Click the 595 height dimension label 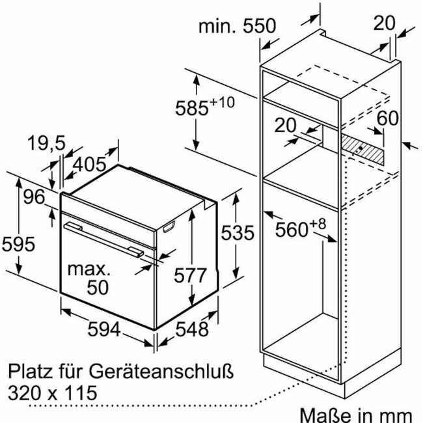coord(18,244)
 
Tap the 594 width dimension coord(104,329)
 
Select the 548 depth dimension coord(192,329)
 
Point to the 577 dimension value coord(190,275)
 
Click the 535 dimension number coord(238,232)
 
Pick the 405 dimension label coord(90,164)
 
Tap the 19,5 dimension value coord(46,143)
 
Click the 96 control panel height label coord(34,197)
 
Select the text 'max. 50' coord(89,278)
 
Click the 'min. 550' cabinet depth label coord(238,26)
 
